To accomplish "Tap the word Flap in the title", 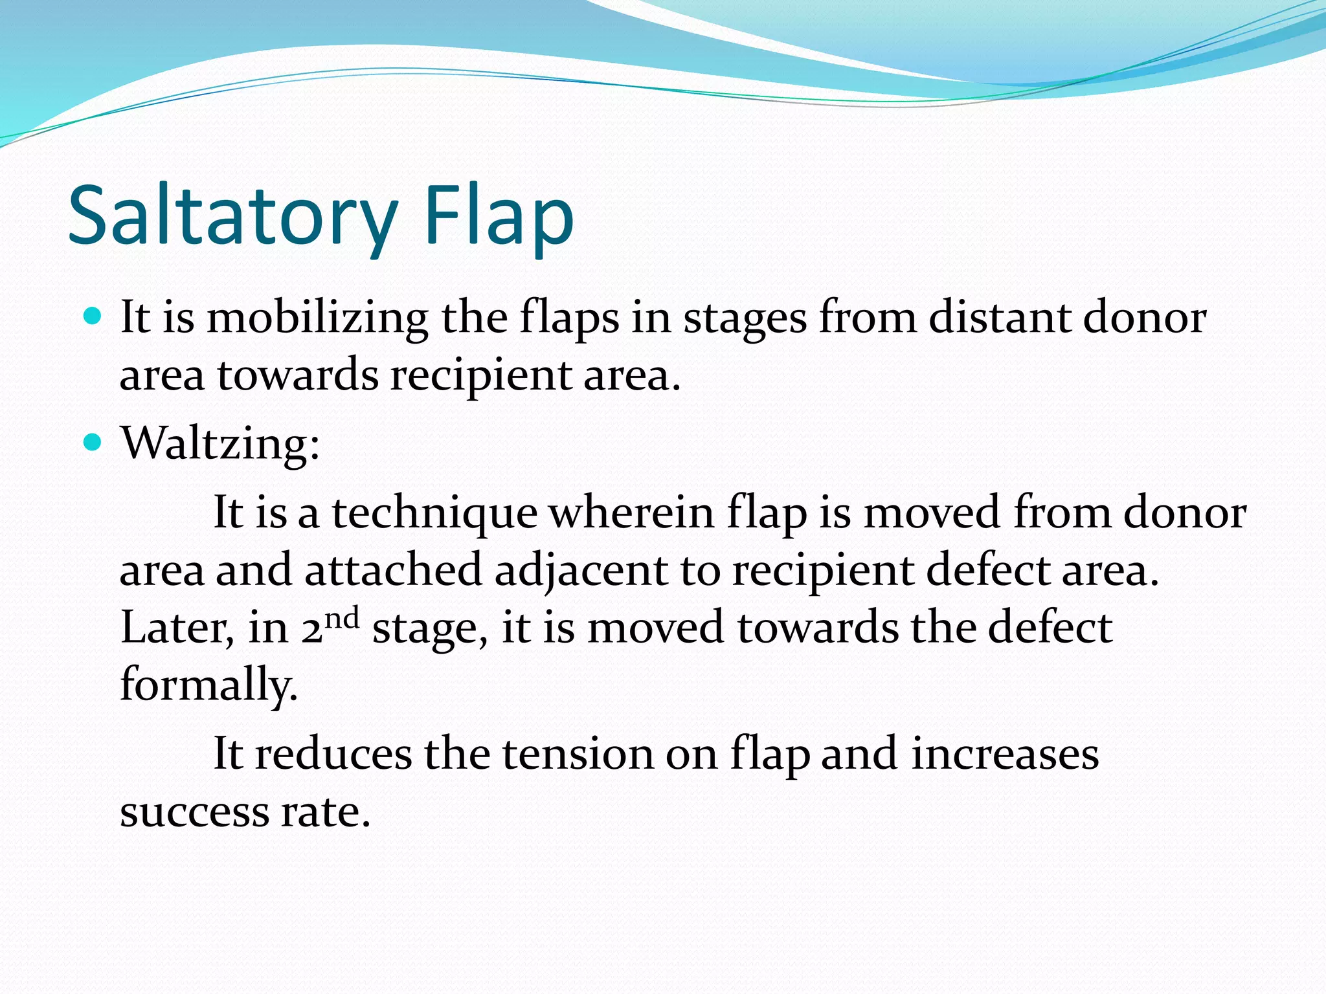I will (499, 217).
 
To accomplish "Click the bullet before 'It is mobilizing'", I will (94, 316).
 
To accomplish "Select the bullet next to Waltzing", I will (94, 443).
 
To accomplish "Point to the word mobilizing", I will (317, 318).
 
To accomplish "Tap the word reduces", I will (333, 755).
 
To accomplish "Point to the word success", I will (194, 813).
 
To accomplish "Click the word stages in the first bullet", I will (745, 320).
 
